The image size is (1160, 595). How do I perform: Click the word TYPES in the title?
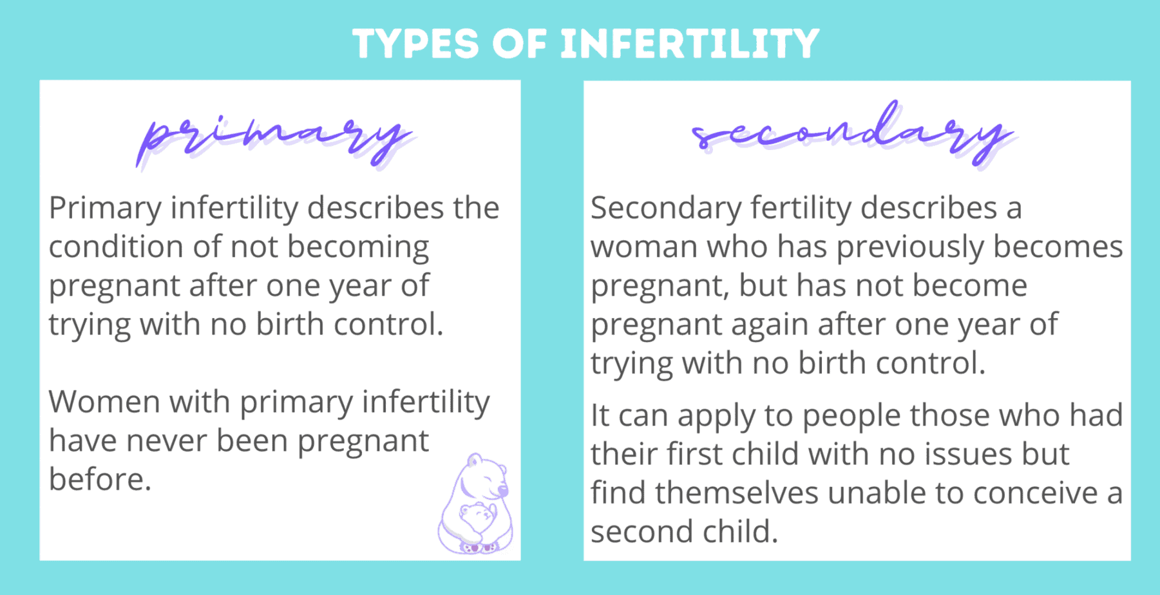click(416, 44)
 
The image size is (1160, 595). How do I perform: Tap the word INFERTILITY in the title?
click(690, 44)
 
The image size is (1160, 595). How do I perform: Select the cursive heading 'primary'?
click(274, 138)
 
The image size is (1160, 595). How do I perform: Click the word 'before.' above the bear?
click(100, 480)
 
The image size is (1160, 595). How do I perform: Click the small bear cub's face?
click(476, 514)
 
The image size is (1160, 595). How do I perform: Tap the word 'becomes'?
click(1058, 247)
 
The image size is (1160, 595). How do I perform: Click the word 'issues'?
click(968, 455)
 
